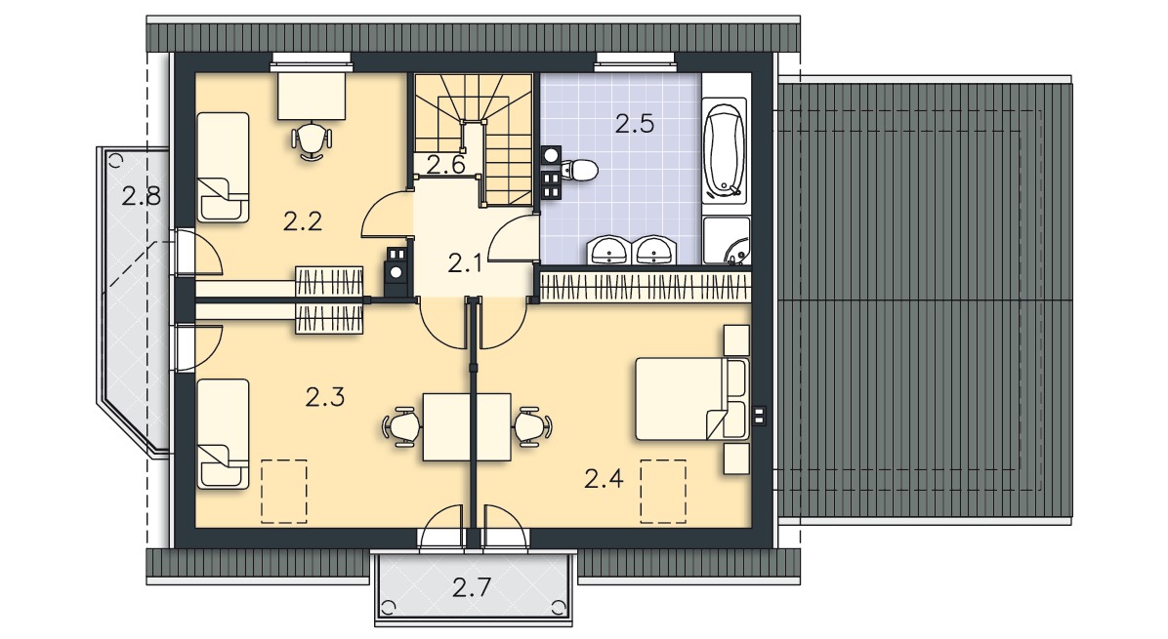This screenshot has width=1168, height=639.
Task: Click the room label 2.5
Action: pyautogui.click(x=635, y=124)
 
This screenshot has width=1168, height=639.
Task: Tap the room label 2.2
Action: pyautogui.click(x=303, y=220)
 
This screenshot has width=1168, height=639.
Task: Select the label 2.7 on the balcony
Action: pyautogui.click(x=472, y=587)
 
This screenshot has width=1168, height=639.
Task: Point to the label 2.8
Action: pyautogui.click(x=142, y=196)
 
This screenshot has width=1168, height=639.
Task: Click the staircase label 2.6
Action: pyautogui.click(x=446, y=165)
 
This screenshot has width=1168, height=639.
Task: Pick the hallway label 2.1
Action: pyautogui.click(x=465, y=262)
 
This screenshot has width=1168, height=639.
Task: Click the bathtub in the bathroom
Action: pyautogui.click(x=725, y=151)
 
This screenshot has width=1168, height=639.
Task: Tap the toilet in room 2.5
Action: pyautogui.click(x=579, y=171)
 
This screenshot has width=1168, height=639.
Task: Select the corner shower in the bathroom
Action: pyautogui.click(x=727, y=240)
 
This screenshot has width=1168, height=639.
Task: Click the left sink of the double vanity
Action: pyautogui.click(x=610, y=250)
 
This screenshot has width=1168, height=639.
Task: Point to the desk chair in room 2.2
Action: pyautogui.click(x=312, y=140)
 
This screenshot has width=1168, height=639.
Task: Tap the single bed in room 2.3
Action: pyautogui.click(x=223, y=434)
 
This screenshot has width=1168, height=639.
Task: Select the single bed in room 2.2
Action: pyautogui.click(x=223, y=168)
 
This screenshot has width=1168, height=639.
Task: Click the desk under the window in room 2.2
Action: pyautogui.click(x=312, y=95)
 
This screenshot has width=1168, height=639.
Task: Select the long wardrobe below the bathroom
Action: pyautogui.click(x=644, y=287)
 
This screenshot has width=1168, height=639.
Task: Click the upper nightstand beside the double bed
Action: pyautogui.click(x=736, y=339)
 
